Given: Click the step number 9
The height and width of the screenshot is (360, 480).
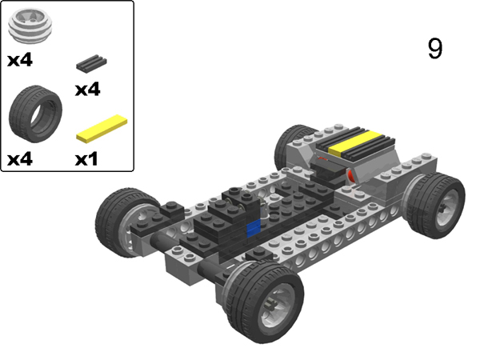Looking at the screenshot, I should click(434, 49).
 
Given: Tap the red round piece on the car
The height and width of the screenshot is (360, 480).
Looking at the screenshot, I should click(350, 174).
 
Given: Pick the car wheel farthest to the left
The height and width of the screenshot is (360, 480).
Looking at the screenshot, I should click(123, 221).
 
